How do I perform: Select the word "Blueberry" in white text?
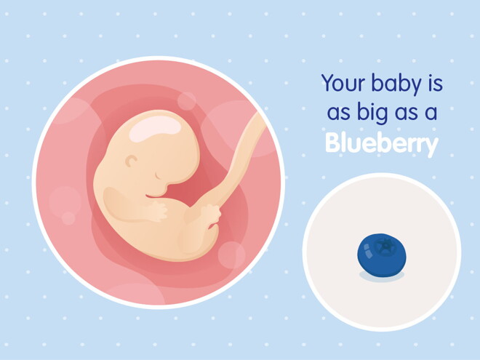point(381,143)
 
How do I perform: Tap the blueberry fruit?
point(381,254)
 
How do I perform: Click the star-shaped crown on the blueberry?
point(386,245)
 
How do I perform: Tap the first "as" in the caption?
point(332,113)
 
